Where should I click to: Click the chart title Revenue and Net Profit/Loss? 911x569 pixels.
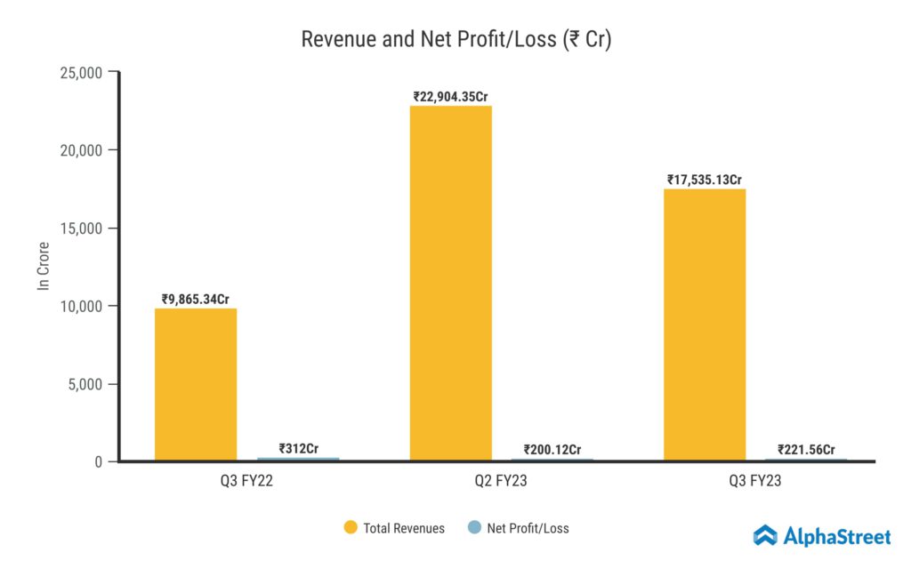455,39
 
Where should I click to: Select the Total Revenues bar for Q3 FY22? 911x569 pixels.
196,384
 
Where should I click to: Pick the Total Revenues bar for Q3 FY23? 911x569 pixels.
705,325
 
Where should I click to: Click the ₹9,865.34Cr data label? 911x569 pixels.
196,300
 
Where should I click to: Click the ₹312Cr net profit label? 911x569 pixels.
298,449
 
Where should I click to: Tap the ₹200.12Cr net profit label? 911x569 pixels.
552,449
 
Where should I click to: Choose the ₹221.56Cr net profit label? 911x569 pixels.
806,449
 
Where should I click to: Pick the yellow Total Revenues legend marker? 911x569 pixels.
351,528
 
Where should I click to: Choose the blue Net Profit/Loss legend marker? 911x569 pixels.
474,528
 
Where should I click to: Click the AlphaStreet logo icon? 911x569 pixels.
765,535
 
